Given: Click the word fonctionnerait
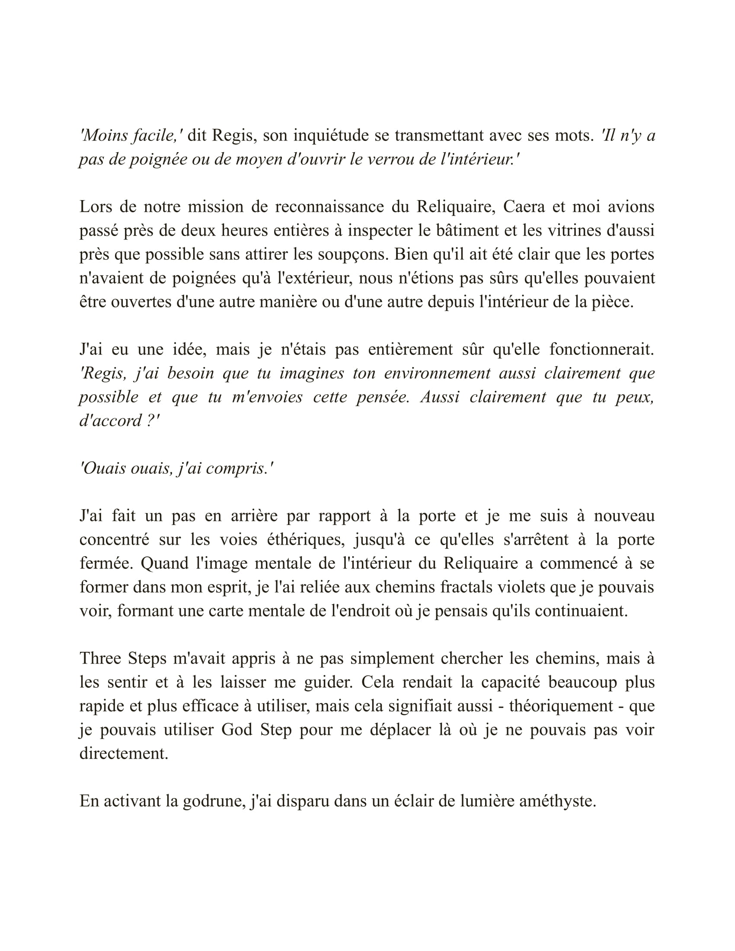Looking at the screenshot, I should pos(601,350).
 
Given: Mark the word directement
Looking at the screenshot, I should pos(124,754).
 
